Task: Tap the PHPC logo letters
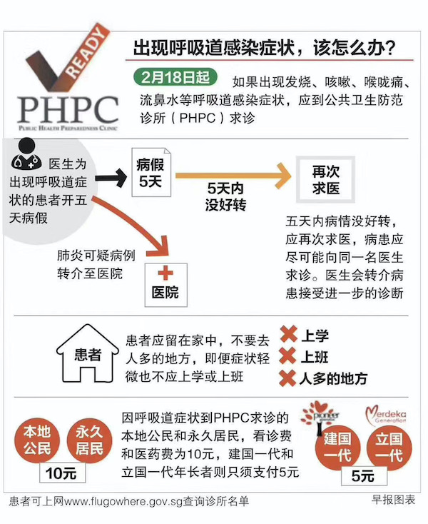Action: point(68,109)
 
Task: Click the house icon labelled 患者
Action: point(87,353)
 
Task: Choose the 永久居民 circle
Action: point(91,440)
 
